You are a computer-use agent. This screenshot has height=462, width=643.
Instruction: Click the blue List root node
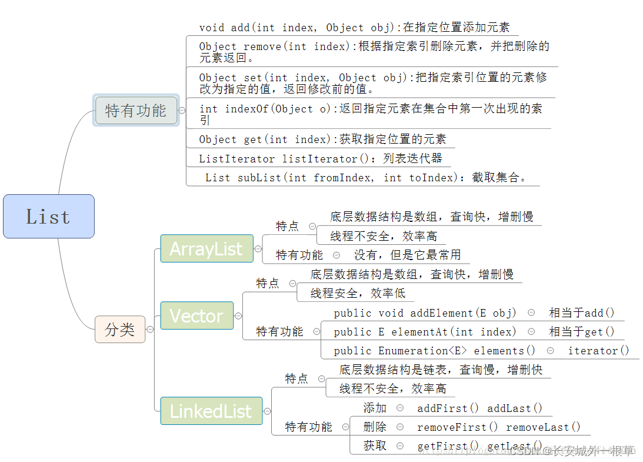pyautogui.click(x=48, y=216)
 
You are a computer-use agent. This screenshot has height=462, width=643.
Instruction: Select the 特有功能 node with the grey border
pyautogui.click(x=136, y=110)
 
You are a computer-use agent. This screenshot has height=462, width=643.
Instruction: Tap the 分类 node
pyautogui.click(x=120, y=329)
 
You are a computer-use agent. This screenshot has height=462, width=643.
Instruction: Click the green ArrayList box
pyautogui.click(x=206, y=248)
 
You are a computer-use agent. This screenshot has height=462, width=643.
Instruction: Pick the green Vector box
pyautogui.click(x=196, y=315)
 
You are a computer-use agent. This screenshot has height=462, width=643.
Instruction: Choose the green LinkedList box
pyautogui.click(x=211, y=411)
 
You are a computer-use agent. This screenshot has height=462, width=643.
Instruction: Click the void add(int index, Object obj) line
pyautogui.click(x=354, y=27)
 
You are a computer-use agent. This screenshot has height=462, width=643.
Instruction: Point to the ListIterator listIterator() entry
pyautogui.click(x=320, y=158)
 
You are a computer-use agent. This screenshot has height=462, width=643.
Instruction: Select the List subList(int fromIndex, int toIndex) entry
pyautogui.click(x=365, y=177)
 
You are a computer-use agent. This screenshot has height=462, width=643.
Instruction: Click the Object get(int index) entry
pyautogui.click(x=322, y=139)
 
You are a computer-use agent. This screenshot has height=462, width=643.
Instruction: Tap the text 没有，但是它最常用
pyautogui.click(x=407, y=255)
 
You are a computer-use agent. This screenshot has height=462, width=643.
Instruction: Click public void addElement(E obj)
pyautogui.click(x=425, y=313)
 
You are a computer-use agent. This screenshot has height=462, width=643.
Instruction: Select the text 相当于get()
pyautogui.click(x=581, y=331)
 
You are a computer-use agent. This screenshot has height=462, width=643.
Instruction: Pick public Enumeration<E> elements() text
pyautogui.click(x=435, y=350)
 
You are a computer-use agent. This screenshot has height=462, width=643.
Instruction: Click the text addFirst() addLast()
pyautogui.click(x=479, y=408)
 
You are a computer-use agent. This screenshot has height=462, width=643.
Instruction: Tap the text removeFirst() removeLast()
pyautogui.click(x=498, y=427)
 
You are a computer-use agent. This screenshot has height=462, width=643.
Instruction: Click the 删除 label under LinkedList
pyautogui.click(x=375, y=427)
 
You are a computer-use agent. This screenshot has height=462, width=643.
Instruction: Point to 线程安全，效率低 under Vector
pyautogui.click(x=358, y=293)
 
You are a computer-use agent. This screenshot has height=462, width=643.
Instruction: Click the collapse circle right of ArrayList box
pyautogui.click(x=258, y=248)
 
